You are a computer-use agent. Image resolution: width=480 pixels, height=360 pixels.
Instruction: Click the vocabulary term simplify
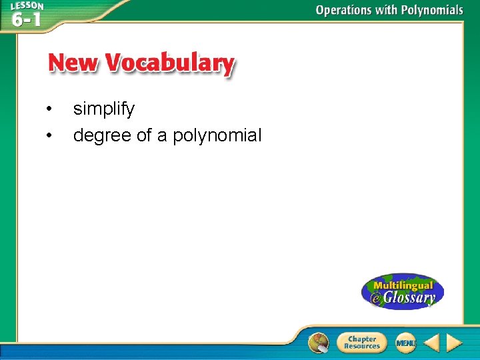point(104,109)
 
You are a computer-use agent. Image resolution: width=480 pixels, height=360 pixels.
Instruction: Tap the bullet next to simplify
point(48,109)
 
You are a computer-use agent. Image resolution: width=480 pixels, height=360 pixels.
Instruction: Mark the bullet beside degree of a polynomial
point(48,137)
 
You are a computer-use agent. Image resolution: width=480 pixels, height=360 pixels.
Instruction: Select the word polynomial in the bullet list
point(217,137)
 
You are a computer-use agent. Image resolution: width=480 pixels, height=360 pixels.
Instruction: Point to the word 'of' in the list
point(144,136)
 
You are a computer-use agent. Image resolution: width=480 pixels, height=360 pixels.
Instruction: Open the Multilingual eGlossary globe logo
point(402,291)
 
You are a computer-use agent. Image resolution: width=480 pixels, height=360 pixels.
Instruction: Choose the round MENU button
point(405,343)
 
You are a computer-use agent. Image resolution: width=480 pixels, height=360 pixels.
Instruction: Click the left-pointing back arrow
point(431,343)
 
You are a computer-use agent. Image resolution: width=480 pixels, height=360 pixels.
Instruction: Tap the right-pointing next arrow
point(454,343)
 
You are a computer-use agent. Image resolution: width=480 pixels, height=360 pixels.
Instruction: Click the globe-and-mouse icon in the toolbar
point(319,343)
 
